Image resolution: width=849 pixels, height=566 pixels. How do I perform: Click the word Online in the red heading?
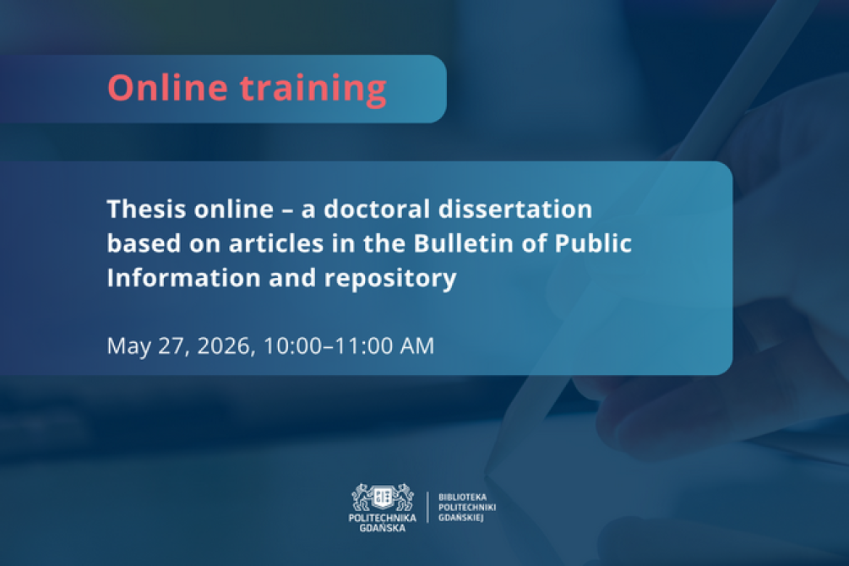pos(167,87)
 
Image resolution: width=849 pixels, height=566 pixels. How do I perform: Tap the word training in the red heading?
pos(313,90)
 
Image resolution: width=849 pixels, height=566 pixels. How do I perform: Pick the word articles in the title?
pos(276,243)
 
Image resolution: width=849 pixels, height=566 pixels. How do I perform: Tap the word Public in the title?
pos(593,243)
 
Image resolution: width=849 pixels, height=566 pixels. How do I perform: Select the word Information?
pos(184,278)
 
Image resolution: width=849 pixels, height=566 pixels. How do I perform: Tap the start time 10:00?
pos(293,346)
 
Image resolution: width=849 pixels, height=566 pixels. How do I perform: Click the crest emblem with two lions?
pos(383,498)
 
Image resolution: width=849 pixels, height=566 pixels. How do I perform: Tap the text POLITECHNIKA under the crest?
pos(383,518)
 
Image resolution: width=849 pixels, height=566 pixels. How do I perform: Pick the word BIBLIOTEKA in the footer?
pos(462,497)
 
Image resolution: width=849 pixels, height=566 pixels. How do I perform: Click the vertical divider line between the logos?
pos(427,507)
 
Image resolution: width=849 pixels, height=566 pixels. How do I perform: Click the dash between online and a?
pos(287,210)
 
